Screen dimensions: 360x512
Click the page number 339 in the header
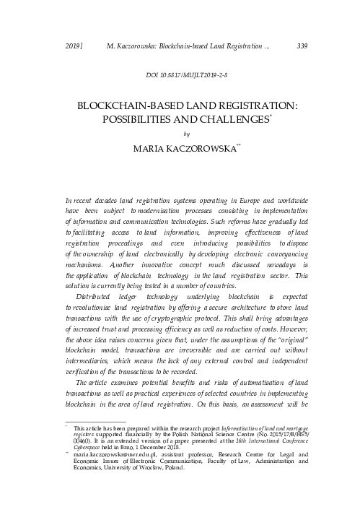(x=303, y=47)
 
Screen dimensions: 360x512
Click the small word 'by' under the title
(x=187, y=133)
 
